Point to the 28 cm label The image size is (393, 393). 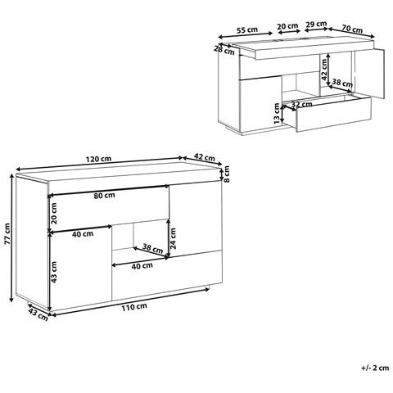pos(219,49)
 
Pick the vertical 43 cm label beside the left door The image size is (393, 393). pos(55,270)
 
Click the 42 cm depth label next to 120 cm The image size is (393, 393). pos(205,159)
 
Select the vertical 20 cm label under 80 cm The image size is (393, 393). pos(55,214)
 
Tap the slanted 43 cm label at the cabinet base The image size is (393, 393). pos(35,312)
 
